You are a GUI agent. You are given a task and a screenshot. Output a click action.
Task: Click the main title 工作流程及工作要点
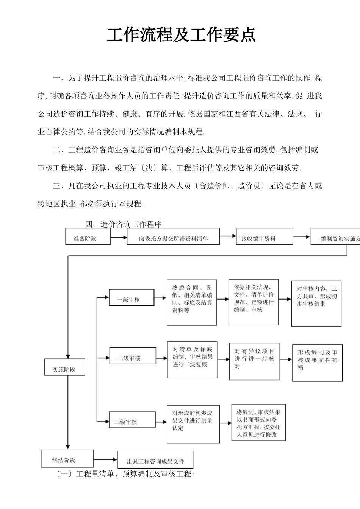[x=181, y=35]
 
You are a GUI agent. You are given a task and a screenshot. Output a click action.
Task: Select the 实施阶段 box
[x=65, y=368]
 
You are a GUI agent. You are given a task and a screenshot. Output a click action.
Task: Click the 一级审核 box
[x=131, y=298]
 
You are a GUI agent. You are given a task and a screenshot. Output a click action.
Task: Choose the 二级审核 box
[x=132, y=357]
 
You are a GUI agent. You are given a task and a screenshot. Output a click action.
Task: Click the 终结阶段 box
[x=67, y=459]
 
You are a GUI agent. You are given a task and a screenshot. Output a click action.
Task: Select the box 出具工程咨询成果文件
[x=155, y=460]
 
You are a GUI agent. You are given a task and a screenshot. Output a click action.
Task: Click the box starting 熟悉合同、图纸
[x=192, y=303]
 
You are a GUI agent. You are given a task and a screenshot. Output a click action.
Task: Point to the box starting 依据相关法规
[x=253, y=302]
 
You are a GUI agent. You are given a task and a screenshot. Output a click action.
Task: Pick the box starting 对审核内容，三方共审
[x=316, y=304]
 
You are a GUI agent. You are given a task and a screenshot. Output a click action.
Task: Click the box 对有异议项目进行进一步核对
[x=254, y=361]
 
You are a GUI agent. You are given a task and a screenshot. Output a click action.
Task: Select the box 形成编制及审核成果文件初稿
[x=317, y=362]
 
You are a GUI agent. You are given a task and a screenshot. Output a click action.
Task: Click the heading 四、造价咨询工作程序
[x=124, y=224]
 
